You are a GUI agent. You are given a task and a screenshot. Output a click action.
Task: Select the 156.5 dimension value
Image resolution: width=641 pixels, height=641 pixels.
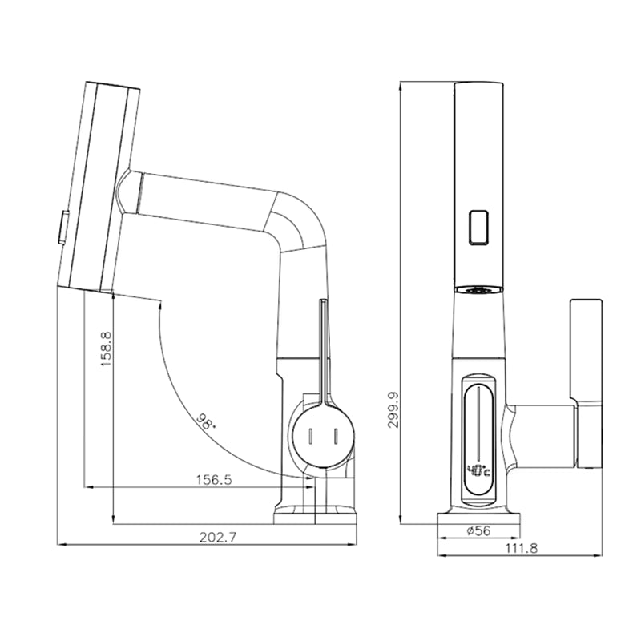coord(214,480)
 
